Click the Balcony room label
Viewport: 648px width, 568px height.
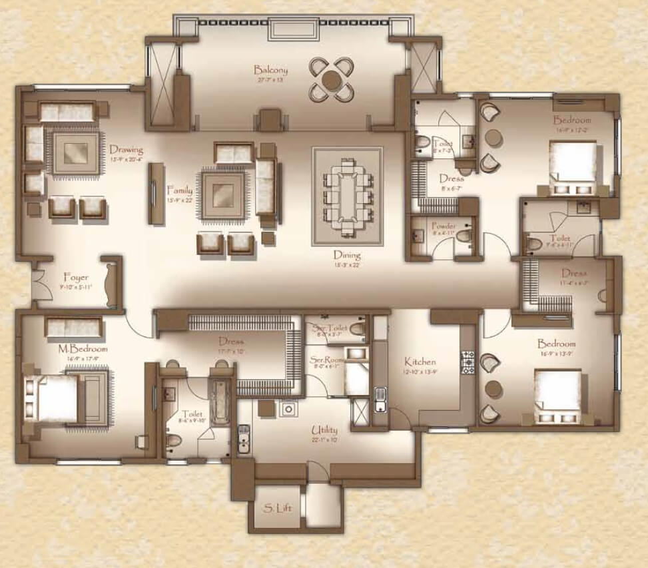tap(270, 69)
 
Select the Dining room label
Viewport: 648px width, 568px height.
tap(347, 255)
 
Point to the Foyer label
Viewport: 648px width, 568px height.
tap(76, 278)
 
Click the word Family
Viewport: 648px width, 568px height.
tap(179, 190)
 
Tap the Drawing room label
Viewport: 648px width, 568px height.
tap(126, 150)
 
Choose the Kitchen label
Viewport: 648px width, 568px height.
tap(420, 362)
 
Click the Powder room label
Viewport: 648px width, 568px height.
tap(443, 226)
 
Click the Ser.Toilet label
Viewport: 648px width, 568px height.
tap(330, 328)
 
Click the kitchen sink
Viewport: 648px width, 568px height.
tap(380, 399)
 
